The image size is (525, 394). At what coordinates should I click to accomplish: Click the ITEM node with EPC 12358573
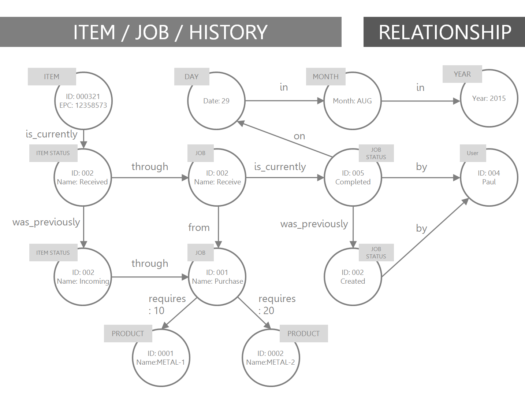click(x=83, y=101)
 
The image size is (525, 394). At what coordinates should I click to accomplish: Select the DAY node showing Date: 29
click(x=216, y=101)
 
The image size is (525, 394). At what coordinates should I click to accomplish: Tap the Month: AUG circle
click(x=352, y=101)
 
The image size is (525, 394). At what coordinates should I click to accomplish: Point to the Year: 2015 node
click(x=489, y=98)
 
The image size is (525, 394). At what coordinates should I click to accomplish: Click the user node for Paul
click(x=489, y=177)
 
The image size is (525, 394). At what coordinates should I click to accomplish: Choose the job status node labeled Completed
click(x=353, y=177)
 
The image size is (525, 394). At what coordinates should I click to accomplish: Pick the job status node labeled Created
click(x=353, y=277)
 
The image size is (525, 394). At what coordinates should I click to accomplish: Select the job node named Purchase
click(x=217, y=277)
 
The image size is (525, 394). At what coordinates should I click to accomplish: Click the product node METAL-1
click(x=161, y=358)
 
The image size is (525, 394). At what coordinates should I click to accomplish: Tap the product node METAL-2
click(x=271, y=358)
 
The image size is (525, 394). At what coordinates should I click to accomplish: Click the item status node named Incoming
click(x=83, y=277)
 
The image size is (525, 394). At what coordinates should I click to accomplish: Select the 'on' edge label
click(x=299, y=136)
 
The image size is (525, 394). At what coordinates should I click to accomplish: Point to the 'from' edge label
click(x=199, y=228)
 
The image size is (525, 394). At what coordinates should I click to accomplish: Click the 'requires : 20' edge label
click(x=277, y=305)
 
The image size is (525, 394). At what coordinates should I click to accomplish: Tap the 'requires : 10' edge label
click(x=167, y=305)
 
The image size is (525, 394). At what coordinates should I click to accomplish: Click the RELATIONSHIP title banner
click(x=444, y=32)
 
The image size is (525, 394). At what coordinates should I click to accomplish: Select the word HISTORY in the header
click(x=228, y=32)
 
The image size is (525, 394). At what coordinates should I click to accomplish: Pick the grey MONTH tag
click(x=326, y=77)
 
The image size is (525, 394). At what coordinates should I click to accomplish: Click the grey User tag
click(x=473, y=153)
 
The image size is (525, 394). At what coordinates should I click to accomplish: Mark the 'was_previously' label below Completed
click(x=314, y=224)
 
